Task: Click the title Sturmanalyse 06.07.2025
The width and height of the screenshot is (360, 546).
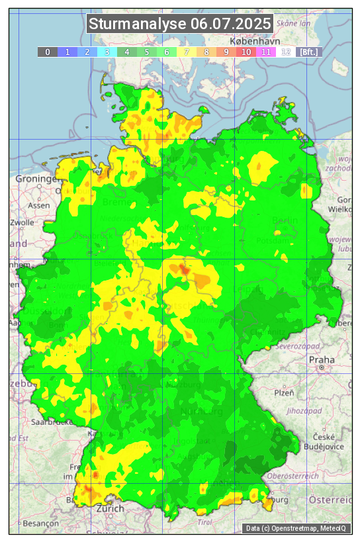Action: tap(180, 24)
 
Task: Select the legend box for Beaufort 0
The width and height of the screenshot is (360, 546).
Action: tap(48, 52)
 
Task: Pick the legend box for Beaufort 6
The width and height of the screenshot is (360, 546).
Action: tap(167, 52)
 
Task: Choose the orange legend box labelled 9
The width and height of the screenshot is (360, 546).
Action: tap(226, 52)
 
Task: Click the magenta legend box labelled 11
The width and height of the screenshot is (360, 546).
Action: tap(266, 52)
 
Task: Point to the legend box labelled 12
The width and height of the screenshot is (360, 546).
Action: tap(286, 52)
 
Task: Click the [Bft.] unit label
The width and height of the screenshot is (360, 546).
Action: tap(308, 52)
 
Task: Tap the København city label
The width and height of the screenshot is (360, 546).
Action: tap(252, 96)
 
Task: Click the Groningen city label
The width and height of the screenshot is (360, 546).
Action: tap(38, 179)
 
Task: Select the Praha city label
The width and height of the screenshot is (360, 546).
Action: tap(322, 360)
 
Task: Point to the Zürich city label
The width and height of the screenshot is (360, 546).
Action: tap(110, 508)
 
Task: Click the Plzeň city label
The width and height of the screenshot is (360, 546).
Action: tap(284, 392)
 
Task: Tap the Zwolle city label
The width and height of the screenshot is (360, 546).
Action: tap(22, 222)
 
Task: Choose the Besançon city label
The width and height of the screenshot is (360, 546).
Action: tap(40, 523)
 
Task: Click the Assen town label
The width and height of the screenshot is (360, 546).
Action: tap(39, 205)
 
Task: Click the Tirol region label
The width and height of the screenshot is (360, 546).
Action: tap(206, 522)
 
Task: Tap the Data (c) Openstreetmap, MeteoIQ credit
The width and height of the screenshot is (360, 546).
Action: tap(296, 528)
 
